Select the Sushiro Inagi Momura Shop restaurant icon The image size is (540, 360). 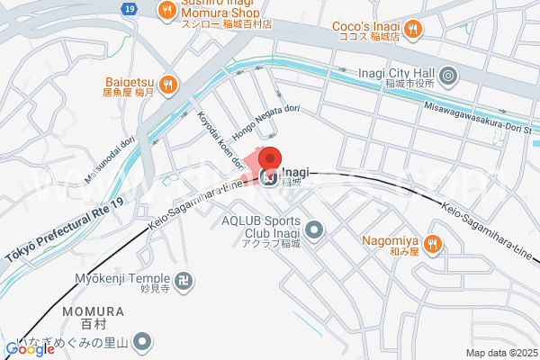[166, 11]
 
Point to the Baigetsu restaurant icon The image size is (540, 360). [172, 85]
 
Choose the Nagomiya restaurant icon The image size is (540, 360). [432, 242]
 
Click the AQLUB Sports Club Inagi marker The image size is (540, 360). [314, 231]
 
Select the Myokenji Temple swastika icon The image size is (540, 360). [184, 281]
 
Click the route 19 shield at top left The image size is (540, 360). [131, 8]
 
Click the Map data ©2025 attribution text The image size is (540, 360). [500, 353]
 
